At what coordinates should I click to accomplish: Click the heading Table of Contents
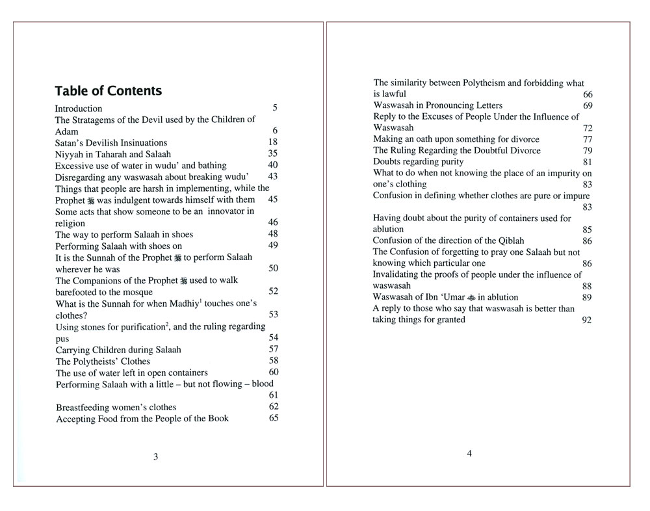[x=108, y=91]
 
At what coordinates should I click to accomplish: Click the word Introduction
[x=79, y=109]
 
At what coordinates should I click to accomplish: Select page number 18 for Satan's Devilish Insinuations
[x=273, y=142]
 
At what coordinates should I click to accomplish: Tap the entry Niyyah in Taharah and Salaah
[x=113, y=154]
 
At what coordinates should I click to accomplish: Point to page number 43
[x=273, y=176]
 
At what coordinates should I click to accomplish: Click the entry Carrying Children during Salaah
[x=118, y=350]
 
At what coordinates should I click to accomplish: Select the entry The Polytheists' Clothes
[x=103, y=361]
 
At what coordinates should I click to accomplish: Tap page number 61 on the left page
[x=274, y=395]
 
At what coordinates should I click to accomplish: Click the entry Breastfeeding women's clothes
[x=116, y=408]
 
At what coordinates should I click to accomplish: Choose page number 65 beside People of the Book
[x=274, y=417]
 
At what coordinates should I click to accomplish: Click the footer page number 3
[x=155, y=457]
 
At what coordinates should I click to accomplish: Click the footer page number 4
[x=469, y=454]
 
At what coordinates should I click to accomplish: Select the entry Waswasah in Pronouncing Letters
[x=437, y=105]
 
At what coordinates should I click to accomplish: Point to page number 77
[x=588, y=140]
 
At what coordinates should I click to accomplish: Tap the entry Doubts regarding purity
[x=418, y=161]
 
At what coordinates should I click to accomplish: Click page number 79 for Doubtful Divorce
[x=588, y=151]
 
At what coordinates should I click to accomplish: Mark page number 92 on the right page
[x=587, y=321]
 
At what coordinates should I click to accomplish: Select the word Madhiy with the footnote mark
[x=186, y=304]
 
